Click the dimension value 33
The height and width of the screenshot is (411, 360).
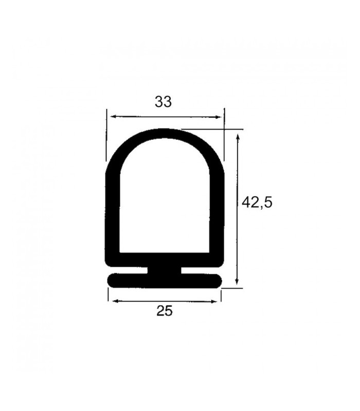(163, 102)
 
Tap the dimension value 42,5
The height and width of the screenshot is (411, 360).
(257, 202)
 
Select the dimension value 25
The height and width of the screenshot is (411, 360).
(165, 311)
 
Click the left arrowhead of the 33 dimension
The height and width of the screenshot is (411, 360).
(114, 117)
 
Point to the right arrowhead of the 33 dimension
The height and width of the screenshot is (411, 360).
(218, 117)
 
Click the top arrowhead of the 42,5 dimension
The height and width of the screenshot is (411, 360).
(238, 137)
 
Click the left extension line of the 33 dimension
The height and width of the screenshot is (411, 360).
(106, 135)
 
